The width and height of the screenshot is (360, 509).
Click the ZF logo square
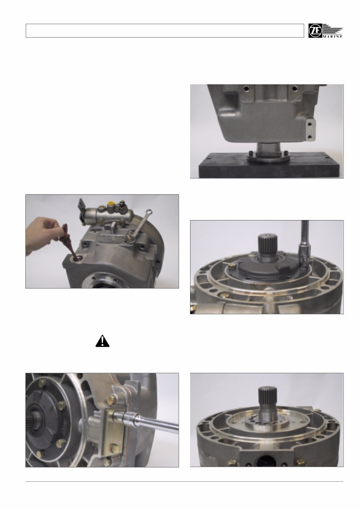coord(316,31)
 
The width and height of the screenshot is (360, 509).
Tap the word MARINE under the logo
coord(333,36)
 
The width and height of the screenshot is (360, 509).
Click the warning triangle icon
coord(102,341)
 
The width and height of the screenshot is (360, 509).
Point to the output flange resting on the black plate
coord(267,156)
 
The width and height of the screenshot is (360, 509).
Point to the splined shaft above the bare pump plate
coord(267,400)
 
